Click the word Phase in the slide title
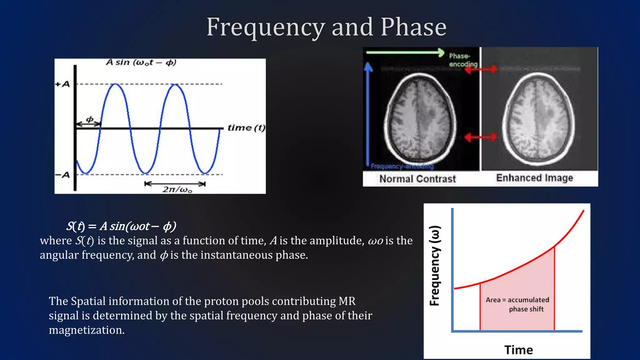(413, 27)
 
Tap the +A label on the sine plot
(62, 84)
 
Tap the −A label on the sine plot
(62, 175)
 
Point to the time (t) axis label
(246, 128)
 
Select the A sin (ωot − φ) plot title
(141, 62)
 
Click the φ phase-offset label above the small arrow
(90, 119)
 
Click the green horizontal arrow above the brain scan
(405, 52)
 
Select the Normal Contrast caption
(417, 179)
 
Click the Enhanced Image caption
(534, 178)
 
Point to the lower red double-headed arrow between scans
(480, 137)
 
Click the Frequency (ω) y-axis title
(435, 266)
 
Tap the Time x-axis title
(518, 350)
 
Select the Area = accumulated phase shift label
(517, 304)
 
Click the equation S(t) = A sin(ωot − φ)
(121, 226)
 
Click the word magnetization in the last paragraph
(87, 330)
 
